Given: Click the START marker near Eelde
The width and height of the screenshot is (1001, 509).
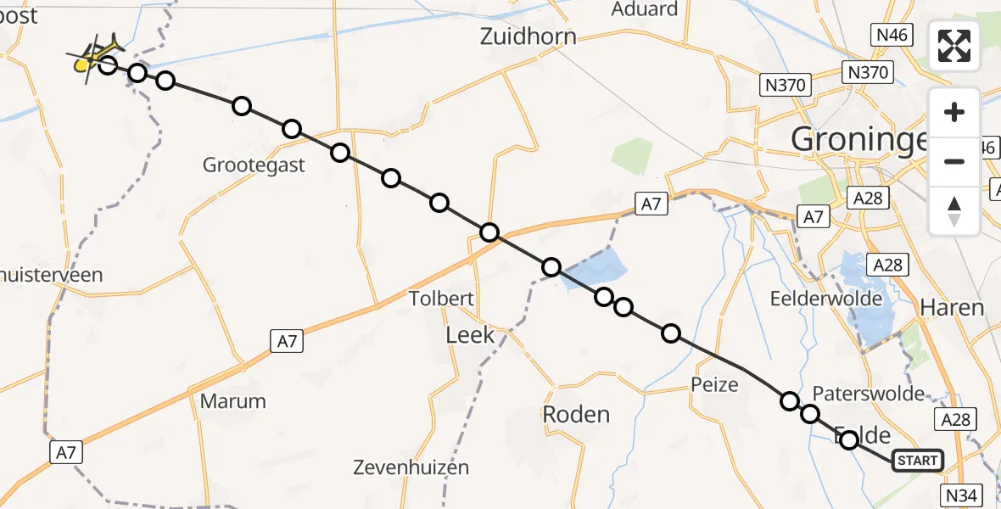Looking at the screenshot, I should pyautogui.click(x=917, y=461).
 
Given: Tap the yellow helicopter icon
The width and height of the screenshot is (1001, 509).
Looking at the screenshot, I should pyautogui.click(x=96, y=56).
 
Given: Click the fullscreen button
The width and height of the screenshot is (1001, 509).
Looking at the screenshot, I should pyautogui.click(x=954, y=46).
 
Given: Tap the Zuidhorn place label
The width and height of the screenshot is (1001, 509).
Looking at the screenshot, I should pyautogui.click(x=528, y=36).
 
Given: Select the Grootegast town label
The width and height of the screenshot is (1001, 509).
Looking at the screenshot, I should pyautogui.click(x=254, y=165).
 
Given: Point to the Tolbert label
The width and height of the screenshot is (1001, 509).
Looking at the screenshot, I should pyautogui.click(x=441, y=299).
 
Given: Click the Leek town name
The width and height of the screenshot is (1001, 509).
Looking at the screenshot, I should pyautogui.click(x=470, y=335).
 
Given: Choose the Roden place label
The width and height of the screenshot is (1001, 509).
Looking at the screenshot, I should pyautogui.click(x=576, y=414).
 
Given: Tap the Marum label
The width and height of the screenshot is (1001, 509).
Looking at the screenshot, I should pyautogui.click(x=233, y=400).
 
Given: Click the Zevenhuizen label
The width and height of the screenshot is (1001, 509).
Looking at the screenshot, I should pyautogui.click(x=411, y=467).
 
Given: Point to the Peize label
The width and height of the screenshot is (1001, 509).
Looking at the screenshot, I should pyautogui.click(x=714, y=384).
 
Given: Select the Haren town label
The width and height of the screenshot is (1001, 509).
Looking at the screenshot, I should pyautogui.click(x=953, y=307).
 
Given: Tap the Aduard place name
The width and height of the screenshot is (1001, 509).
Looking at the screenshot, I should pyautogui.click(x=645, y=9).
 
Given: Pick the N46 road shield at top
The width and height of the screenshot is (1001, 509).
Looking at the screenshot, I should pyautogui.click(x=890, y=35).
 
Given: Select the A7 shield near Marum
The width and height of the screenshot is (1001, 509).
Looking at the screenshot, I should pyautogui.click(x=287, y=341).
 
